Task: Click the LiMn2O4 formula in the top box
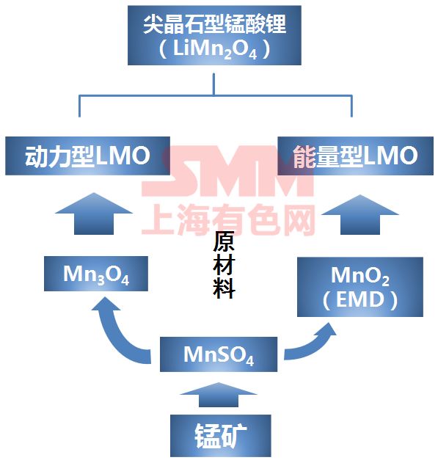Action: coord(215,49)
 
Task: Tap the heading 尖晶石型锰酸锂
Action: coord(215,24)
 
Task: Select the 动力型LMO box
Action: coord(87,156)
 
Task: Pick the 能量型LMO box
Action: coord(355,156)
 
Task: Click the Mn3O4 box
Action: coord(96,274)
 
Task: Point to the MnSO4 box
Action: coord(219,354)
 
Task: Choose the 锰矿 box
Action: coord(221,436)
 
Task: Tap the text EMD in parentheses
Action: coord(360,299)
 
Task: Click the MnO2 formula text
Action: coord(360,276)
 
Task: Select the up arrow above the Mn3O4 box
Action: coord(94,214)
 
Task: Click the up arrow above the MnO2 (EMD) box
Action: coord(360,215)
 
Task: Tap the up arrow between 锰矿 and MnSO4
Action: coord(219,395)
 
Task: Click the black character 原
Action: coord(224,241)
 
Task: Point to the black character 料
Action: coord(224,288)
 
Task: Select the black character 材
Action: coord(224,265)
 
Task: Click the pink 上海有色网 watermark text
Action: coord(229,219)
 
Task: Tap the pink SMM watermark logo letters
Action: coord(227,171)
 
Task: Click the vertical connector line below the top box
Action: coord(213,84)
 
